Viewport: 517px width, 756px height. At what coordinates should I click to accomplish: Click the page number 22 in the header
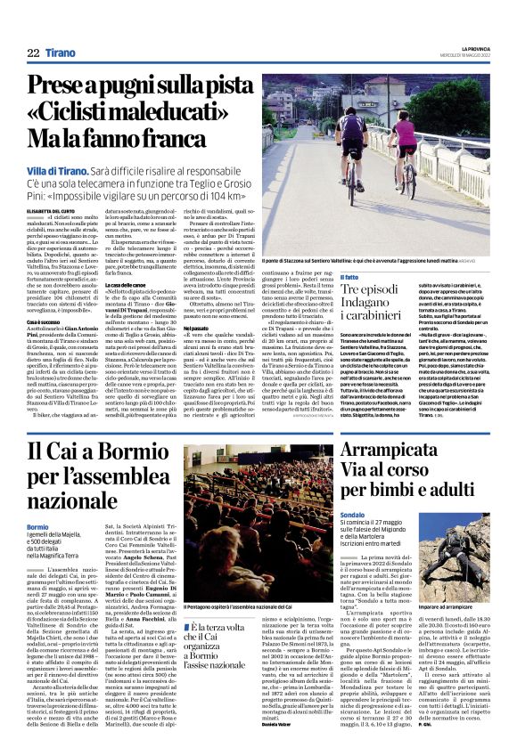point(33,53)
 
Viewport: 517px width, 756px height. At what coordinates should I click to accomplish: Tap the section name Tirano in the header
point(61,53)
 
